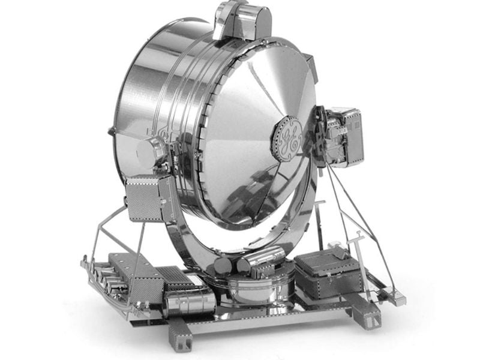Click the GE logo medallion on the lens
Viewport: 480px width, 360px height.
pos(287,137)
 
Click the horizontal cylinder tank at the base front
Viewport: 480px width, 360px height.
pos(189,302)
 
